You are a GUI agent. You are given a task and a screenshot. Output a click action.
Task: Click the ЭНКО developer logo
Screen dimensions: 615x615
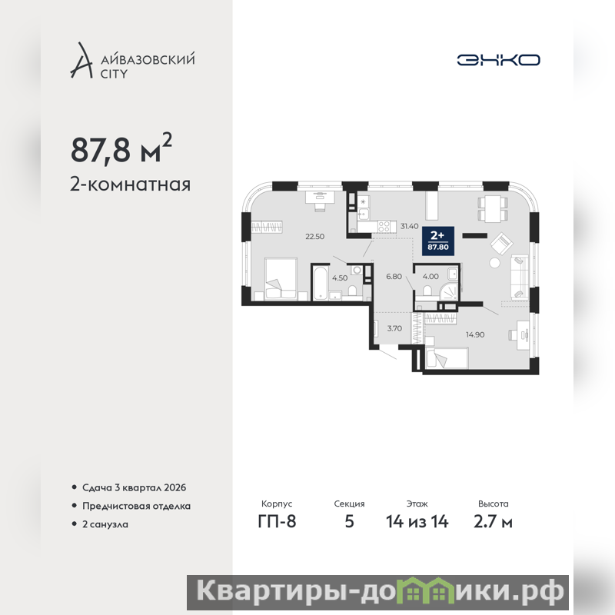(498, 60)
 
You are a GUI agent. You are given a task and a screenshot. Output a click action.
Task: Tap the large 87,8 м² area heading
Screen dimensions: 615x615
(121, 148)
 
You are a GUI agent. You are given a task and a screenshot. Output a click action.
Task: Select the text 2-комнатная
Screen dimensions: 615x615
(130, 184)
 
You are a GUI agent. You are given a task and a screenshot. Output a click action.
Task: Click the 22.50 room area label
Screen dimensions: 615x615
(315, 237)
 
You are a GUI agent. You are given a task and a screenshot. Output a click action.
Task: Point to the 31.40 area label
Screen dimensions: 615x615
(410, 226)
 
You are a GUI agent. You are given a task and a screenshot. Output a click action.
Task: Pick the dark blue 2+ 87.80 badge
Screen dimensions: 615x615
(438, 241)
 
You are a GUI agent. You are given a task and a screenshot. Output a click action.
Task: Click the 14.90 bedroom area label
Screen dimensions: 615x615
(475, 334)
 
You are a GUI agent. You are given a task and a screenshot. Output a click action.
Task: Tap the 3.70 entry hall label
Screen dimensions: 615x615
(394, 329)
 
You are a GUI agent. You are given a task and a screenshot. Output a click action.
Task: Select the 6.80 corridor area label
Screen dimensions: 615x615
(394, 277)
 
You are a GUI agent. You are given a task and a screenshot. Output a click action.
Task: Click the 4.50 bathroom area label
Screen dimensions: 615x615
(340, 278)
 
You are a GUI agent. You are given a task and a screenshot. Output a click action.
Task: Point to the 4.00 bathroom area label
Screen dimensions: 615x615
(430, 277)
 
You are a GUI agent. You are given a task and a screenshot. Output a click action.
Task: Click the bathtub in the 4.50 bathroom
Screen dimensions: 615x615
(321, 283)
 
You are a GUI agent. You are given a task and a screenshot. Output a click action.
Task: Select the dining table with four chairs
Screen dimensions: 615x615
(493, 208)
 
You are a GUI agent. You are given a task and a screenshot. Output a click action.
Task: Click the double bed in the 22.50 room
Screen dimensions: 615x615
(281, 279)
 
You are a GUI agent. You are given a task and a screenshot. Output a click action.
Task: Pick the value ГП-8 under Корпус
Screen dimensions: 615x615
(277, 522)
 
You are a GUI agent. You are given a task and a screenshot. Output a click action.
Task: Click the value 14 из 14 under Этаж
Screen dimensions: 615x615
(417, 522)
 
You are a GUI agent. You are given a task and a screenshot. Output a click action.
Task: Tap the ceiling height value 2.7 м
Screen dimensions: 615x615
(493, 522)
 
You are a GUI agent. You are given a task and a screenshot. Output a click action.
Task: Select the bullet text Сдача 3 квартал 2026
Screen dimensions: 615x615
(134, 487)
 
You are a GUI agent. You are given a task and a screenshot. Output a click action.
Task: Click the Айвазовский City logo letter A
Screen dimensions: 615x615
(81, 60)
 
